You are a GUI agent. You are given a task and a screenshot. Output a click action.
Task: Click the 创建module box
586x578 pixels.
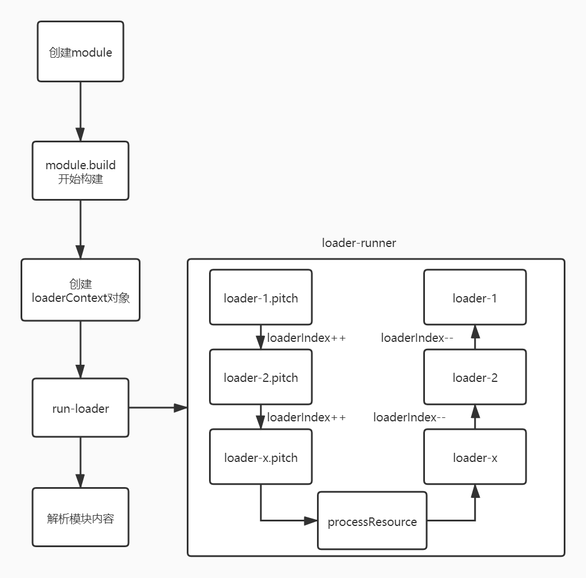coord(81,52)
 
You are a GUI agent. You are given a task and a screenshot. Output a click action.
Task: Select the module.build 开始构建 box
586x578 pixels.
coord(81,171)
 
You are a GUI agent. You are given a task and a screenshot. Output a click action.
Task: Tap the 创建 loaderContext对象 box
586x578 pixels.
coord(81,290)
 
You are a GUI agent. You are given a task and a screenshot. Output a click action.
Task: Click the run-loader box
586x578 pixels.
coord(81,408)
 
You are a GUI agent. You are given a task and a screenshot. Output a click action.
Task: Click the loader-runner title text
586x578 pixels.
coord(359,243)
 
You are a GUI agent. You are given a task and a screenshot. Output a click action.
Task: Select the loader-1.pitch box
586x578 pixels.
coord(261,298)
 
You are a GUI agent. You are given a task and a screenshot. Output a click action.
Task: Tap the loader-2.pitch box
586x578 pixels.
coord(261,377)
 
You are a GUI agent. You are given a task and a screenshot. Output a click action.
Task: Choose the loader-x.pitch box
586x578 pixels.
coord(261,457)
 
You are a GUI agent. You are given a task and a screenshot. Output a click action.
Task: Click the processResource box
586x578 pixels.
coord(372,521)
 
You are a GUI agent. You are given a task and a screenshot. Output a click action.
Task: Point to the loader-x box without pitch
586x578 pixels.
coord(475,457)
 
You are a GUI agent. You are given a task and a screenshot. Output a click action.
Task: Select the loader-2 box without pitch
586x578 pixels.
coord(475,377)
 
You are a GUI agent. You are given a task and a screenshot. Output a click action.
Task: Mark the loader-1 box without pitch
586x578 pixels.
coord(475,298)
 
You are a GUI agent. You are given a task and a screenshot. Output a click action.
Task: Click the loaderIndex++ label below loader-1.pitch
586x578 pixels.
coord(307,338)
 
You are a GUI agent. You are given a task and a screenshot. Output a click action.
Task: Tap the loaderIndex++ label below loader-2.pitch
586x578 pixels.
coord(307,417)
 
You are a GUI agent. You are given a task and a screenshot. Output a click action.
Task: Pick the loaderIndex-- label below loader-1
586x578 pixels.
coord(418,338)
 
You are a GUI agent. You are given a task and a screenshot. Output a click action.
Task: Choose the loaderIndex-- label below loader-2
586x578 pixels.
coord(410,417)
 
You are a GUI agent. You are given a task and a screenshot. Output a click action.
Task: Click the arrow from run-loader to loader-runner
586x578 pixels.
coord(158,408)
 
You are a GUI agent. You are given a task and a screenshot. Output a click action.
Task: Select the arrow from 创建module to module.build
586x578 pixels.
coord(81,111)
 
